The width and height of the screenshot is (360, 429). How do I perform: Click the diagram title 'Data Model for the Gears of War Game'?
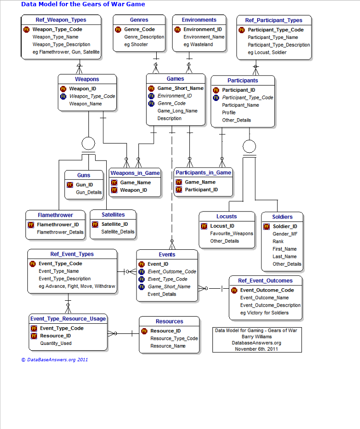coord(83,4)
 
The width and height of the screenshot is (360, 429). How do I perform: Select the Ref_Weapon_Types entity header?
coord(61,20)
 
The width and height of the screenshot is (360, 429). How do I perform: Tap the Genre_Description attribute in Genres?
coord(144,37)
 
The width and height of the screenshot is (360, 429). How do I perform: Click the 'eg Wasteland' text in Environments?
coord(198,45)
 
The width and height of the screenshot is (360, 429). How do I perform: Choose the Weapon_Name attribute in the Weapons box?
coord(86,104)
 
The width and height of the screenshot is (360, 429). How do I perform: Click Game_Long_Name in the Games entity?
coord(177,111)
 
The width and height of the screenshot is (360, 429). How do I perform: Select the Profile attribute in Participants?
coord(229,113)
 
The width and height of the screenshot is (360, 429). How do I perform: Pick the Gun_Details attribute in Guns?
coord(89,193)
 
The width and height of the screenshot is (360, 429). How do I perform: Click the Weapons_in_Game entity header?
coord(135,173)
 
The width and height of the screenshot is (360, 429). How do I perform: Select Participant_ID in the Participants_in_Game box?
coord(201,190)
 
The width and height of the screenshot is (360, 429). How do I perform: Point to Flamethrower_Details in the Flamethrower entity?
coord(60,232)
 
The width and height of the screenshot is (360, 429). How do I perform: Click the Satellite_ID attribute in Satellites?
coord(114,224)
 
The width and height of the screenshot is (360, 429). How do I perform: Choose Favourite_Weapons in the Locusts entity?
coord(232,233)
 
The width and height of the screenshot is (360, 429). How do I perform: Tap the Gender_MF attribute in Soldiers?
coord(285,234)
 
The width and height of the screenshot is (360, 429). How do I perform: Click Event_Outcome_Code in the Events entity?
coord(172,271)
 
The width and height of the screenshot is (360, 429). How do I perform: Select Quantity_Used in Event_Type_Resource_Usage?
coord(56,343)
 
